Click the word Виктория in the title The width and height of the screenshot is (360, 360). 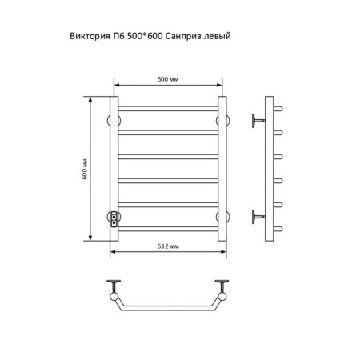(90, 36)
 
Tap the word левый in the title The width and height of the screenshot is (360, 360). (218, 36)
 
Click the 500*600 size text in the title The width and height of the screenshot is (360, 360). (145, 36)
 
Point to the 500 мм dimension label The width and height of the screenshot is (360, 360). (168, 79)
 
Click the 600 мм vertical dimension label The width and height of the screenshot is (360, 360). (85, 169)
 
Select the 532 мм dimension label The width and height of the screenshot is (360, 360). (168, 246)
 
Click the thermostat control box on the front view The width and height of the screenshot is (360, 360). (114, 219)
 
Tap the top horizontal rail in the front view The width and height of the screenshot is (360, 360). (168, 109)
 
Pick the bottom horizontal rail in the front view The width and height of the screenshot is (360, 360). (168, 229)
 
